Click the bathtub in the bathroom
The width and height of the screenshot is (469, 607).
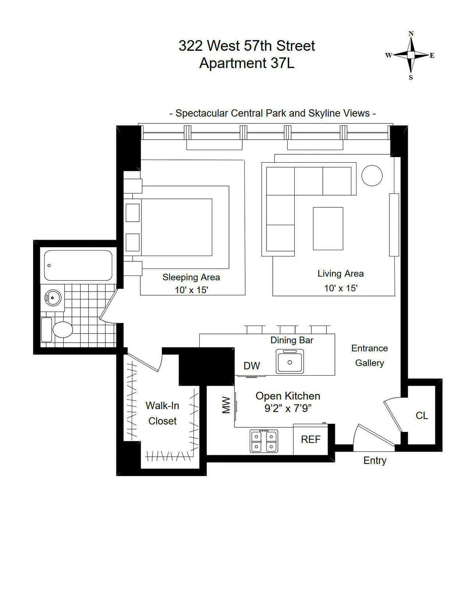coord(78,265)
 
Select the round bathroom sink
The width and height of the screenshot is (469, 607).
coord(53,298)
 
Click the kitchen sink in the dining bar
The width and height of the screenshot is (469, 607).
coord(290,362)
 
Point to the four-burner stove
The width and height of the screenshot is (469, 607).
coord(264,441)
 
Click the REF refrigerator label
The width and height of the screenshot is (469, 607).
coord(311,439)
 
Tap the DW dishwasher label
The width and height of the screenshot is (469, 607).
coord(252,366)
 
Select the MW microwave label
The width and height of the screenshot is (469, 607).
coord(226,405)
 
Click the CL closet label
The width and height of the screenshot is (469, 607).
coord(422,415)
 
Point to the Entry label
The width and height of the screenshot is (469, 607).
coord(375,460)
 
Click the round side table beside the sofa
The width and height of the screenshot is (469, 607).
coord(372,175)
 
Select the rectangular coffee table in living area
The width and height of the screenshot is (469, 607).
coord(328,229)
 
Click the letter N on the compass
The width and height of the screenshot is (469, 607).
coord(411,34)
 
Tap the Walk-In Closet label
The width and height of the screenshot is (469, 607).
coord(162,413)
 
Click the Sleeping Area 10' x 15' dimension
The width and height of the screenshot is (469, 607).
coord(191,290)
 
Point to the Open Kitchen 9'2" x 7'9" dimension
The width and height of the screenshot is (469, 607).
coord(288,408)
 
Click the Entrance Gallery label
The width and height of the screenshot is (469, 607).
coord(369,355)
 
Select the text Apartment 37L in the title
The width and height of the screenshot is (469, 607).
coord(247,63)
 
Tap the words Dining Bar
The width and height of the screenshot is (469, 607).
coord(292,340)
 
